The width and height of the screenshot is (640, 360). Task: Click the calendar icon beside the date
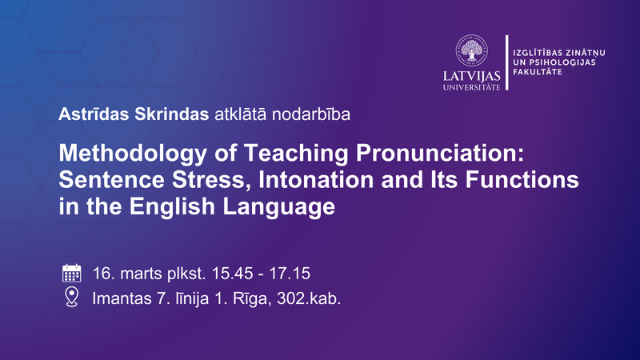(x=72, y=274)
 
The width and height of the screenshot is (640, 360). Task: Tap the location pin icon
(x=72, y=298)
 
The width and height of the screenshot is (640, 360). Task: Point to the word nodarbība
(x=313, y=114)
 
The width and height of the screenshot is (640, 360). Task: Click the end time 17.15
(x=289, y=274)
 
